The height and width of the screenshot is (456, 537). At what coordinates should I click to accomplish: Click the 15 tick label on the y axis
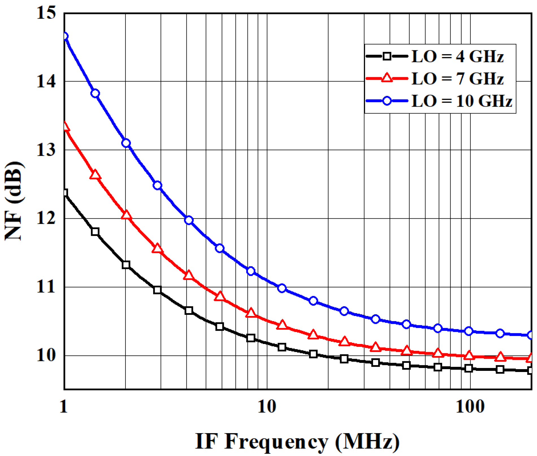click(x=46, y=13)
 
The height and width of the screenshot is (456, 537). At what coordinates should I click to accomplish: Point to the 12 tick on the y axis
click(x=46, y=219)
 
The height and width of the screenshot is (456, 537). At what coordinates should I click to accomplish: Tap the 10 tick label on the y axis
click(x=46, y=355)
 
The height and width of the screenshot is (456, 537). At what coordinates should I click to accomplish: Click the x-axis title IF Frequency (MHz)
click(x=297, y=442)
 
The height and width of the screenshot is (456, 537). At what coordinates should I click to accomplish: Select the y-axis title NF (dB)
click(x=14, y=201)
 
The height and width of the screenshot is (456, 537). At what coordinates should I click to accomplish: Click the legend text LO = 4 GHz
click(x=458, y=56)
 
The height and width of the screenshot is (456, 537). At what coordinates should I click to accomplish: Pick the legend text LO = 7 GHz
click(x=458, y=79)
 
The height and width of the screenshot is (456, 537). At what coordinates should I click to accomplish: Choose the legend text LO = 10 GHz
click(x=462, y=101)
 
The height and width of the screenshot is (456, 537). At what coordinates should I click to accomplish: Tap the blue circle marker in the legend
click(x=387, y=101)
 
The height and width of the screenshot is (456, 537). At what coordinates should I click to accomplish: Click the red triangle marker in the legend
click(x=387, y=78)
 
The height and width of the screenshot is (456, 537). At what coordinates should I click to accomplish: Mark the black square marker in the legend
click(x=387, y=56)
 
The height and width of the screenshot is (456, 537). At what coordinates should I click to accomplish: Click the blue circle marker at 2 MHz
click(x=126, y=143)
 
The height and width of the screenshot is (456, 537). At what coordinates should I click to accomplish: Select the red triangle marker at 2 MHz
click(x=126, y=215)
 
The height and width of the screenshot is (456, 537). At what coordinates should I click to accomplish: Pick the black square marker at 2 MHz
click(x=126, y=265)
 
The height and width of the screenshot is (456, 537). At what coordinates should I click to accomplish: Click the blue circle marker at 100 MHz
click(x=469, y=331)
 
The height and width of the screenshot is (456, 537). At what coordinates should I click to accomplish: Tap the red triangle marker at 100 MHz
click(x=469, y=356)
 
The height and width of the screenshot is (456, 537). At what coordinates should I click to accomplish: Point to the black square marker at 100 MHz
click(x=469, y=368)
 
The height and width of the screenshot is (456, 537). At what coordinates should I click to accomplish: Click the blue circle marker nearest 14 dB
click(x=95, y=93)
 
